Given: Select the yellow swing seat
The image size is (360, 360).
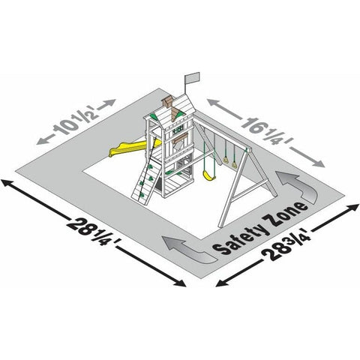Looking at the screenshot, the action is coord(209,175).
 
